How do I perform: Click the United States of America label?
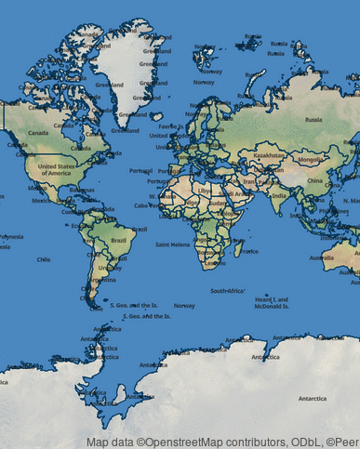coord(54,168)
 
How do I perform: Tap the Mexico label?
coord(41,200)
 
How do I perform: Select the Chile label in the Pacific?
coord(43,259)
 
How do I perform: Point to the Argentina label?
coord(104,279)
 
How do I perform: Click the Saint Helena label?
coord(172,244)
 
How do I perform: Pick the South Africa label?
coord(228,291)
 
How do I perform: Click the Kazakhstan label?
coord(269,155)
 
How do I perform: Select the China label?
coord(314,180)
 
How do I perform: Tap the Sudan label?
coord(217,205)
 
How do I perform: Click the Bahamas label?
coord(82,191)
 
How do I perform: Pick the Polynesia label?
coord(11,237)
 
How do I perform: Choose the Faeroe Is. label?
coord(172,126)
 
